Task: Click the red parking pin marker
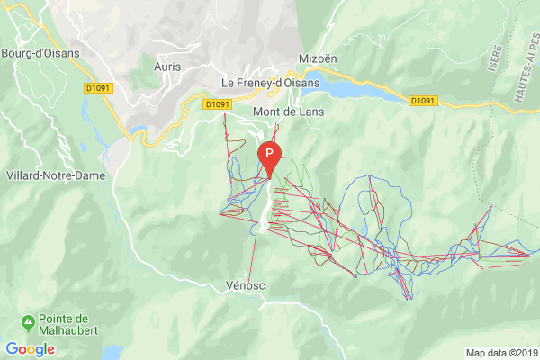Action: point(269,158)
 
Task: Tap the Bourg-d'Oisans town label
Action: point(40,52)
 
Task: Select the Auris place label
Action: point(167,67)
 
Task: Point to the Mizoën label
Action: point(319,58)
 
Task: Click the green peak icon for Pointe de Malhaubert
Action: point(29,320)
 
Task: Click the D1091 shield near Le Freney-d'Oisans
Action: point(217,104)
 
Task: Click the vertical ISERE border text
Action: point(494,61)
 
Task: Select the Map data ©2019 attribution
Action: point(500,352)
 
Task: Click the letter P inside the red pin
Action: point(269,154)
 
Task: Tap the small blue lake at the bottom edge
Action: point(112,353)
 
